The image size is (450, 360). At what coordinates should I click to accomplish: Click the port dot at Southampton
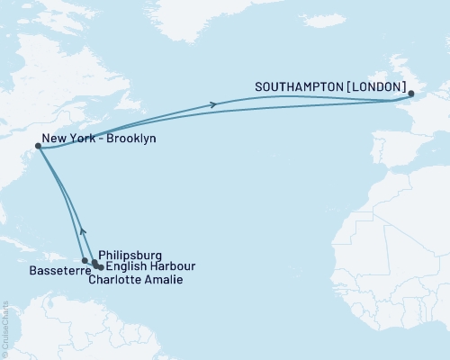[x=410, y=94]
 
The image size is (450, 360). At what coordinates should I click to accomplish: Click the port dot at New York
[x=38, y=145]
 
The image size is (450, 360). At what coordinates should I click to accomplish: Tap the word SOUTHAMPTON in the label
[x=297, y=88]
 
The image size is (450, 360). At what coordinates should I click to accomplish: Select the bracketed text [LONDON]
[x=373, y=88]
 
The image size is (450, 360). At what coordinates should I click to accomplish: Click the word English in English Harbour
[x=126, y=267]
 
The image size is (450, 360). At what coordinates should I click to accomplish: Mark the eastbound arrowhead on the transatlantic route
[x=213, y=104]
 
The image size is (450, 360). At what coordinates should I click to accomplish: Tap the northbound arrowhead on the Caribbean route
[x=82, y=229]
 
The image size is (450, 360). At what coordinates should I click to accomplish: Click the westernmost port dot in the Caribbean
[x=85, y=261]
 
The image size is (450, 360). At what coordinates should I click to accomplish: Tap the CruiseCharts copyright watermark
[x=4, y=325]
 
